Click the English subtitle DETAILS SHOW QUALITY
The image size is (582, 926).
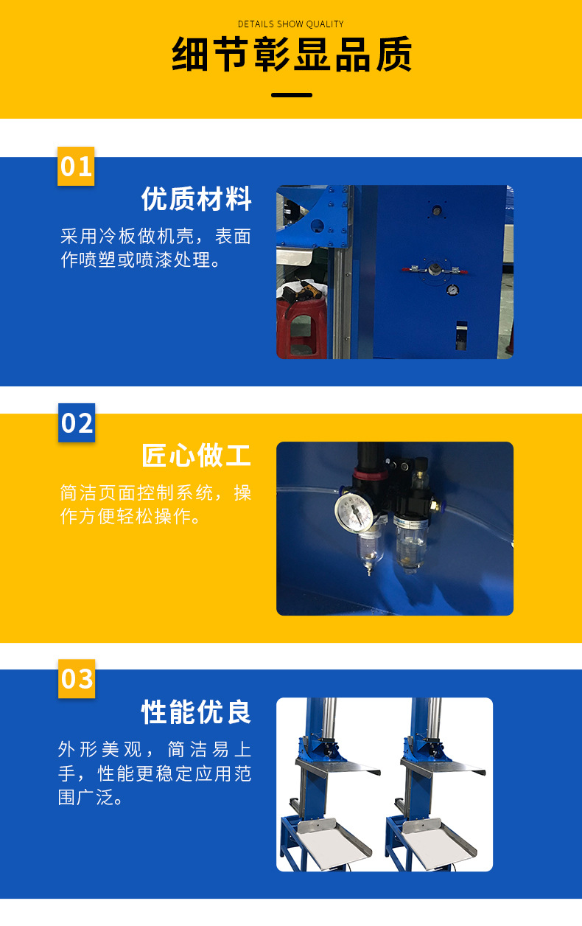[290, 24]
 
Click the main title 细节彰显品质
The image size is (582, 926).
[292, 54]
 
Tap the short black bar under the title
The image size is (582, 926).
[292, 95]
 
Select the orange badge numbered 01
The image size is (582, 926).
[76, 166]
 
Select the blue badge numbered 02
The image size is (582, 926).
[77, 422]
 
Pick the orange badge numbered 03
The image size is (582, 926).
[77, 679]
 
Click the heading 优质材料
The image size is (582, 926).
[197, 199]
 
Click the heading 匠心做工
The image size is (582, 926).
[197, 455]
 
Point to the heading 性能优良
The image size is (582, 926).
[197, 712]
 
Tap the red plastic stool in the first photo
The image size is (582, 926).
[301, 329]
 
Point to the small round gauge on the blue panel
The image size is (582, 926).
[453, 290]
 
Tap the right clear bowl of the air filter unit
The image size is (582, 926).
[410, 543]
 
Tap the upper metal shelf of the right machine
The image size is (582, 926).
[443, 767]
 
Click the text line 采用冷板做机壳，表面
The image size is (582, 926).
[155, 236]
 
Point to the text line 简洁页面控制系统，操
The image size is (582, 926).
[155, 492]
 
